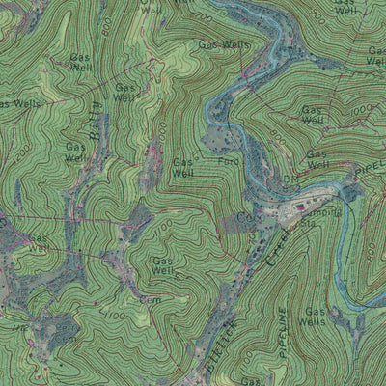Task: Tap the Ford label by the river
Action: [x=228, y=163]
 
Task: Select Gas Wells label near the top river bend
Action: [x=222, y=44]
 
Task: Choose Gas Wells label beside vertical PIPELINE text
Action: [x=316, y=317]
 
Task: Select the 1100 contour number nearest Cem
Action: [x=115, y=315]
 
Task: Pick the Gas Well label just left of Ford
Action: [x=184, y=168]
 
